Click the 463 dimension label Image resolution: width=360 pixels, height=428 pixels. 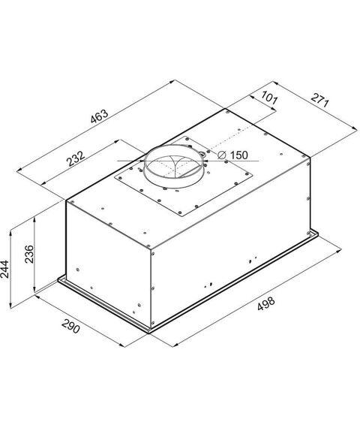click(100, 117)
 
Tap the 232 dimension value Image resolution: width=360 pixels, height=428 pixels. click(76, 158)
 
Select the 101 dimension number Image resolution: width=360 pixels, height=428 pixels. click(269, 98)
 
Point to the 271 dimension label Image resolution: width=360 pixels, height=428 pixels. click(320, 100)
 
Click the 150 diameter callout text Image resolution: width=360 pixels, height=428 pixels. click(239, 155)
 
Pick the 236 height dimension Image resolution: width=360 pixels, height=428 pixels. click(29, 254)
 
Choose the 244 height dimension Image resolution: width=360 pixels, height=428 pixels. click(4, 270)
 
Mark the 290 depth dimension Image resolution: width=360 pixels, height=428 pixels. click(71, 326)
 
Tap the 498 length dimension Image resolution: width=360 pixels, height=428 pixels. click(266, 304)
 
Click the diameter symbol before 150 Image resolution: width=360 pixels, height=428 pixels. click(222, 155)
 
